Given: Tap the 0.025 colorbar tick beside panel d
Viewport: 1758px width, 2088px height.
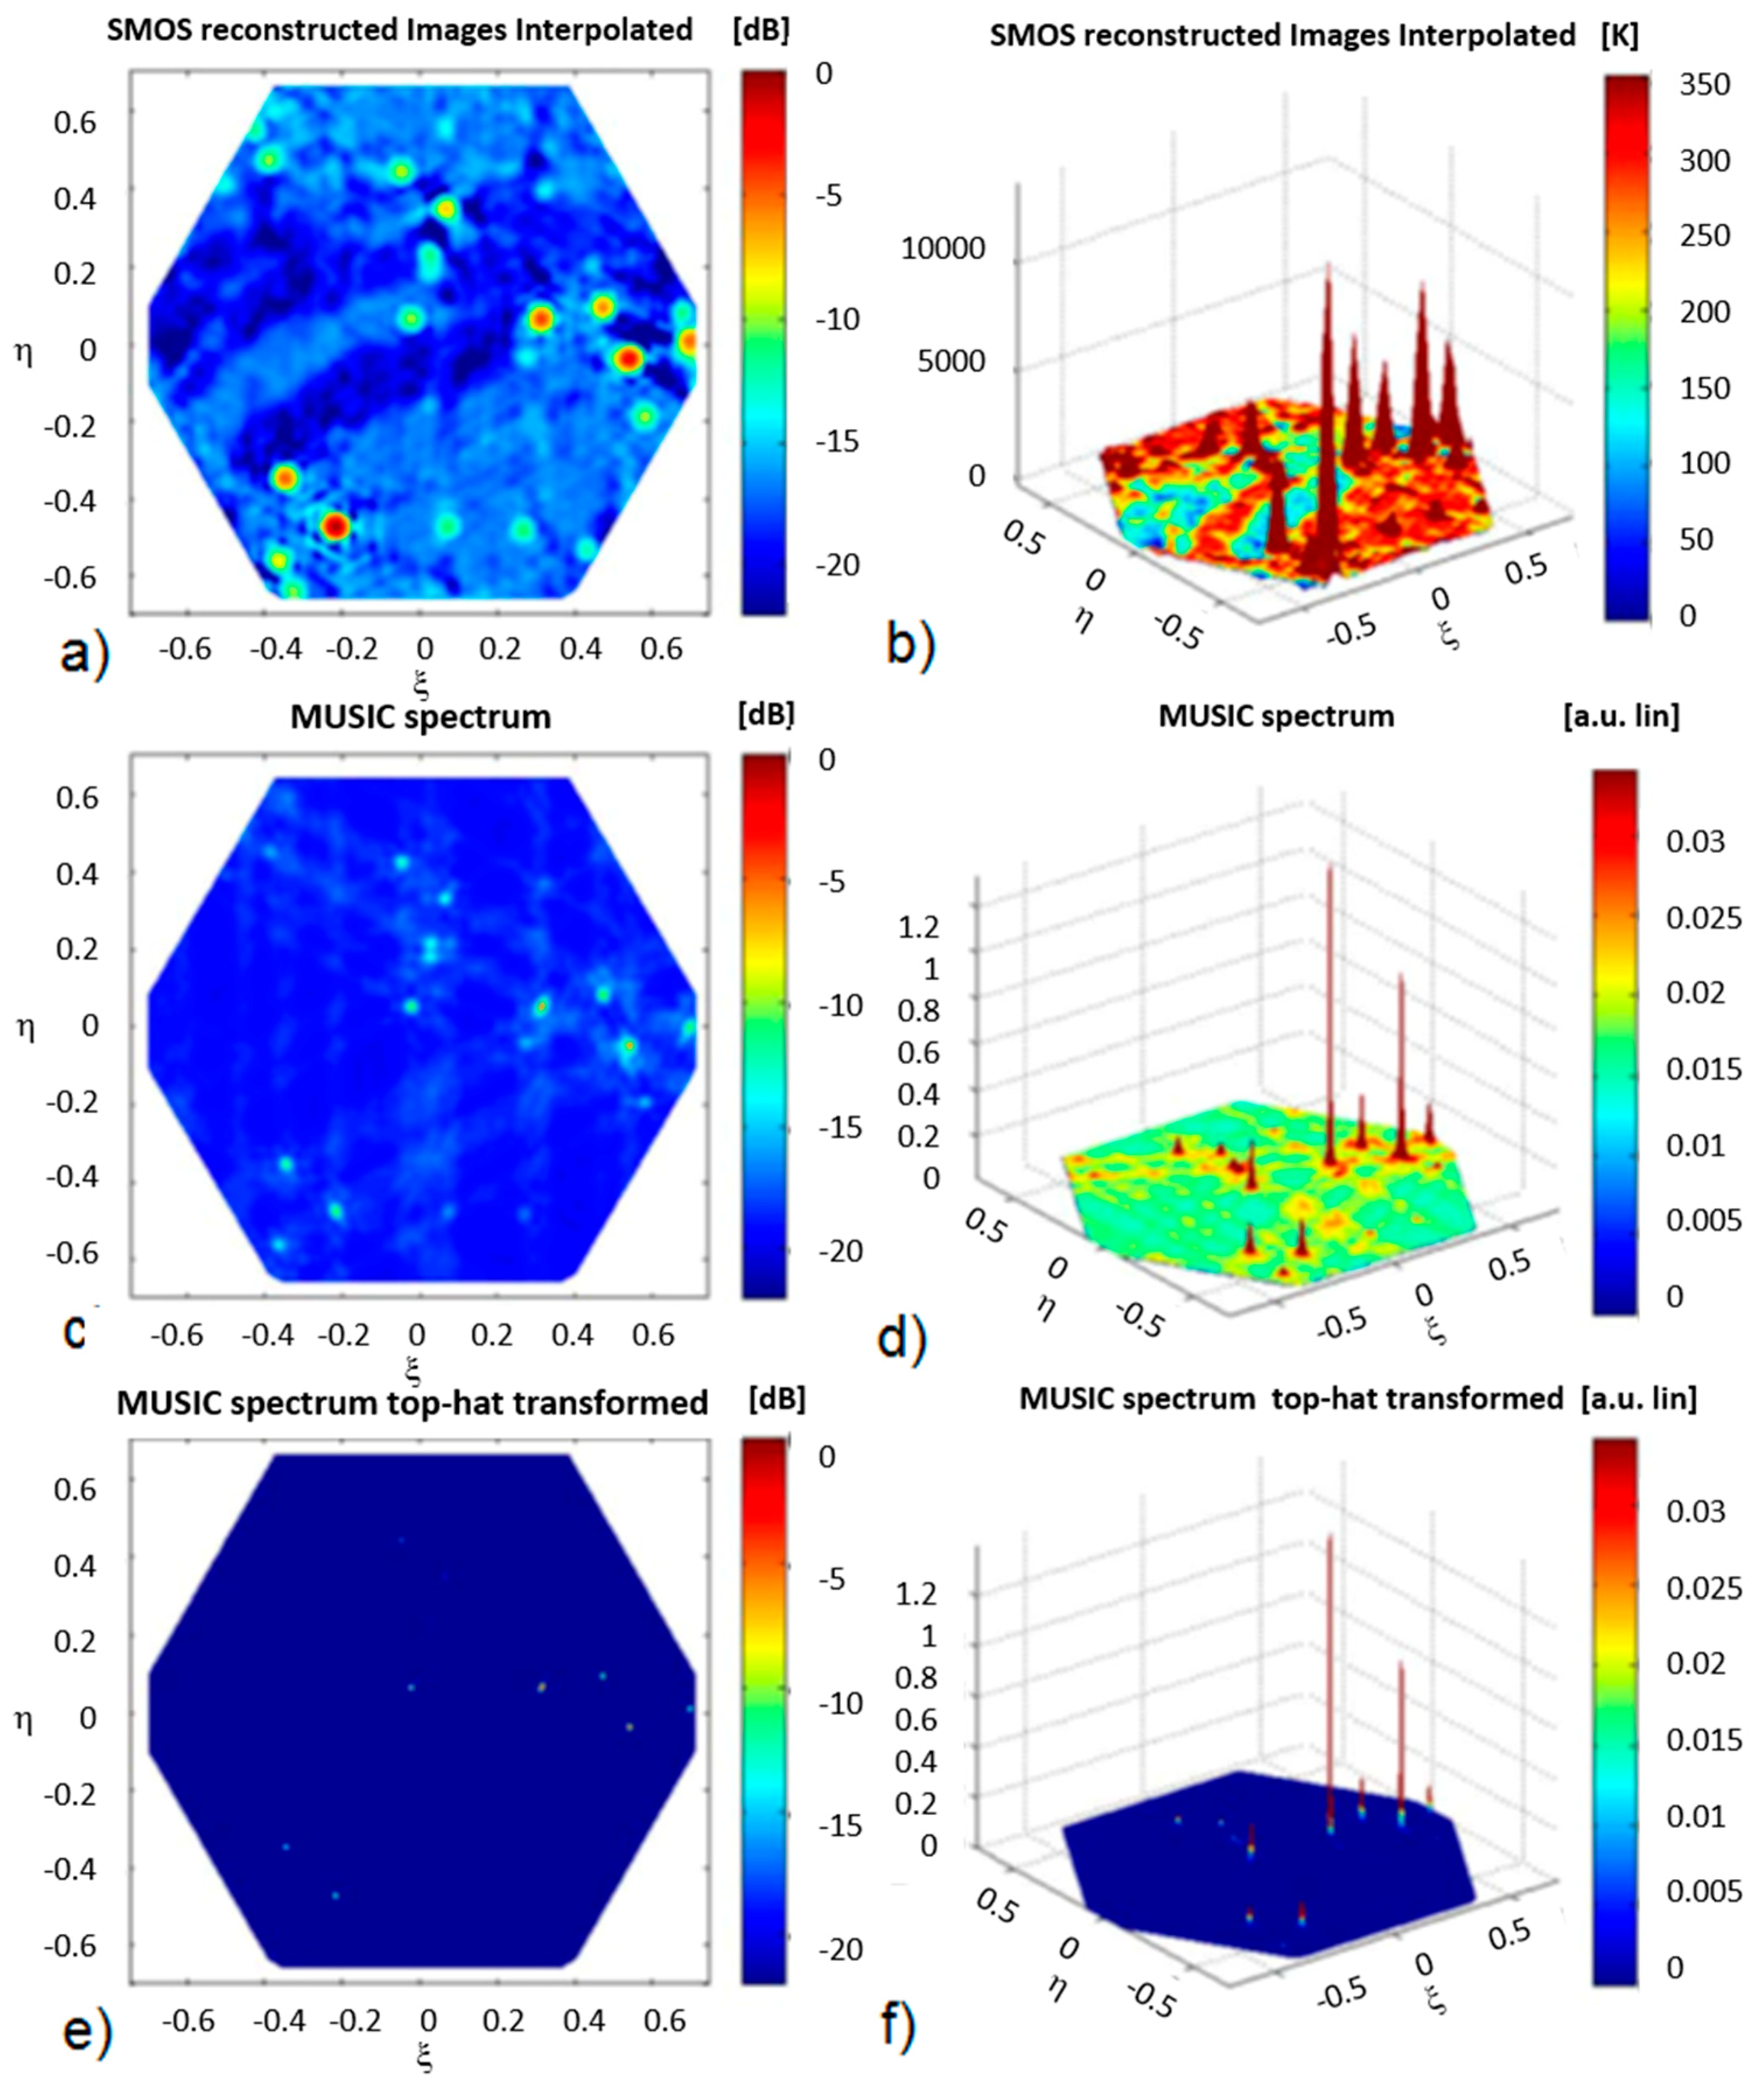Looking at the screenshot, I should coord(1703,917).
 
